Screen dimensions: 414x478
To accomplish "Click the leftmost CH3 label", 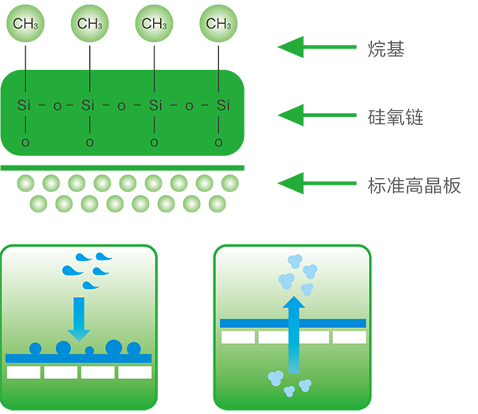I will coord(25,24).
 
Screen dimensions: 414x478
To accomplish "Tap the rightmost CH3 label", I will coord(218,24).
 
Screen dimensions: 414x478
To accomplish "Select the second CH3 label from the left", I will coord(90,24).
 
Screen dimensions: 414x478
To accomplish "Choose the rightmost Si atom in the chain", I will coord(222,105).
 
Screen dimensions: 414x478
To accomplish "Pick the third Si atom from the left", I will coord(156,105).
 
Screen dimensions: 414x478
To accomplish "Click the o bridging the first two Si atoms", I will coord(57,105).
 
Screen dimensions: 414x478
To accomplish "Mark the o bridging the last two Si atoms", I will coord(189,105).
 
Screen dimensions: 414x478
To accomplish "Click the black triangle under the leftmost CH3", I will coord(25,54).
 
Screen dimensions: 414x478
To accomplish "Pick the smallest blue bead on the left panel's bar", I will coord(89,350).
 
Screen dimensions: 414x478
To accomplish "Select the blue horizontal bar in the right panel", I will coord(292,322).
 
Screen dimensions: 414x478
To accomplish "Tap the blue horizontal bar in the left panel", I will coord(78,358).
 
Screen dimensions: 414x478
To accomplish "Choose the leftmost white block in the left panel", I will coord(23,372).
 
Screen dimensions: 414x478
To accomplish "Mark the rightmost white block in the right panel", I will coord(349,338).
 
